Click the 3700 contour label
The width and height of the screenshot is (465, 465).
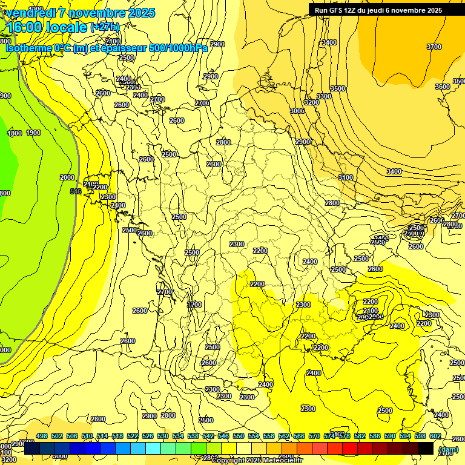pos(434,47)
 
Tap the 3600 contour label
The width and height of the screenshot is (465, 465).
pos(443,87)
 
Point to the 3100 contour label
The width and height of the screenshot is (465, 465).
pos(346,177)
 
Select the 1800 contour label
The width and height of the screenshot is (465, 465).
pos(15,134)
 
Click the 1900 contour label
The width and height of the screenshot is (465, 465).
pos(33,133)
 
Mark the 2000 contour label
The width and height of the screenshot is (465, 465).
pos(67,177)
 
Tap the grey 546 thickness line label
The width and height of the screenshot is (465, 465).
pos(76,191)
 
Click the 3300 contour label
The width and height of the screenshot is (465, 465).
pos(324,96)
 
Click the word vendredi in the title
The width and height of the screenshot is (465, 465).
pos(31,13)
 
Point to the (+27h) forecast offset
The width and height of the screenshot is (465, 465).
pos(105,27)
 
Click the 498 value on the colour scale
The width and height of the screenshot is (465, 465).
pos(41,437)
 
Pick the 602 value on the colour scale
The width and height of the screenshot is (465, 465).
pos(435,437)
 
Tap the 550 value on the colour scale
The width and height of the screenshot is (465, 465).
pos(239,437)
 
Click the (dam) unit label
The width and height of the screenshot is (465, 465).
pos(448,449)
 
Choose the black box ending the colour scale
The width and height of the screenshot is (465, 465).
pos(426,449)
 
